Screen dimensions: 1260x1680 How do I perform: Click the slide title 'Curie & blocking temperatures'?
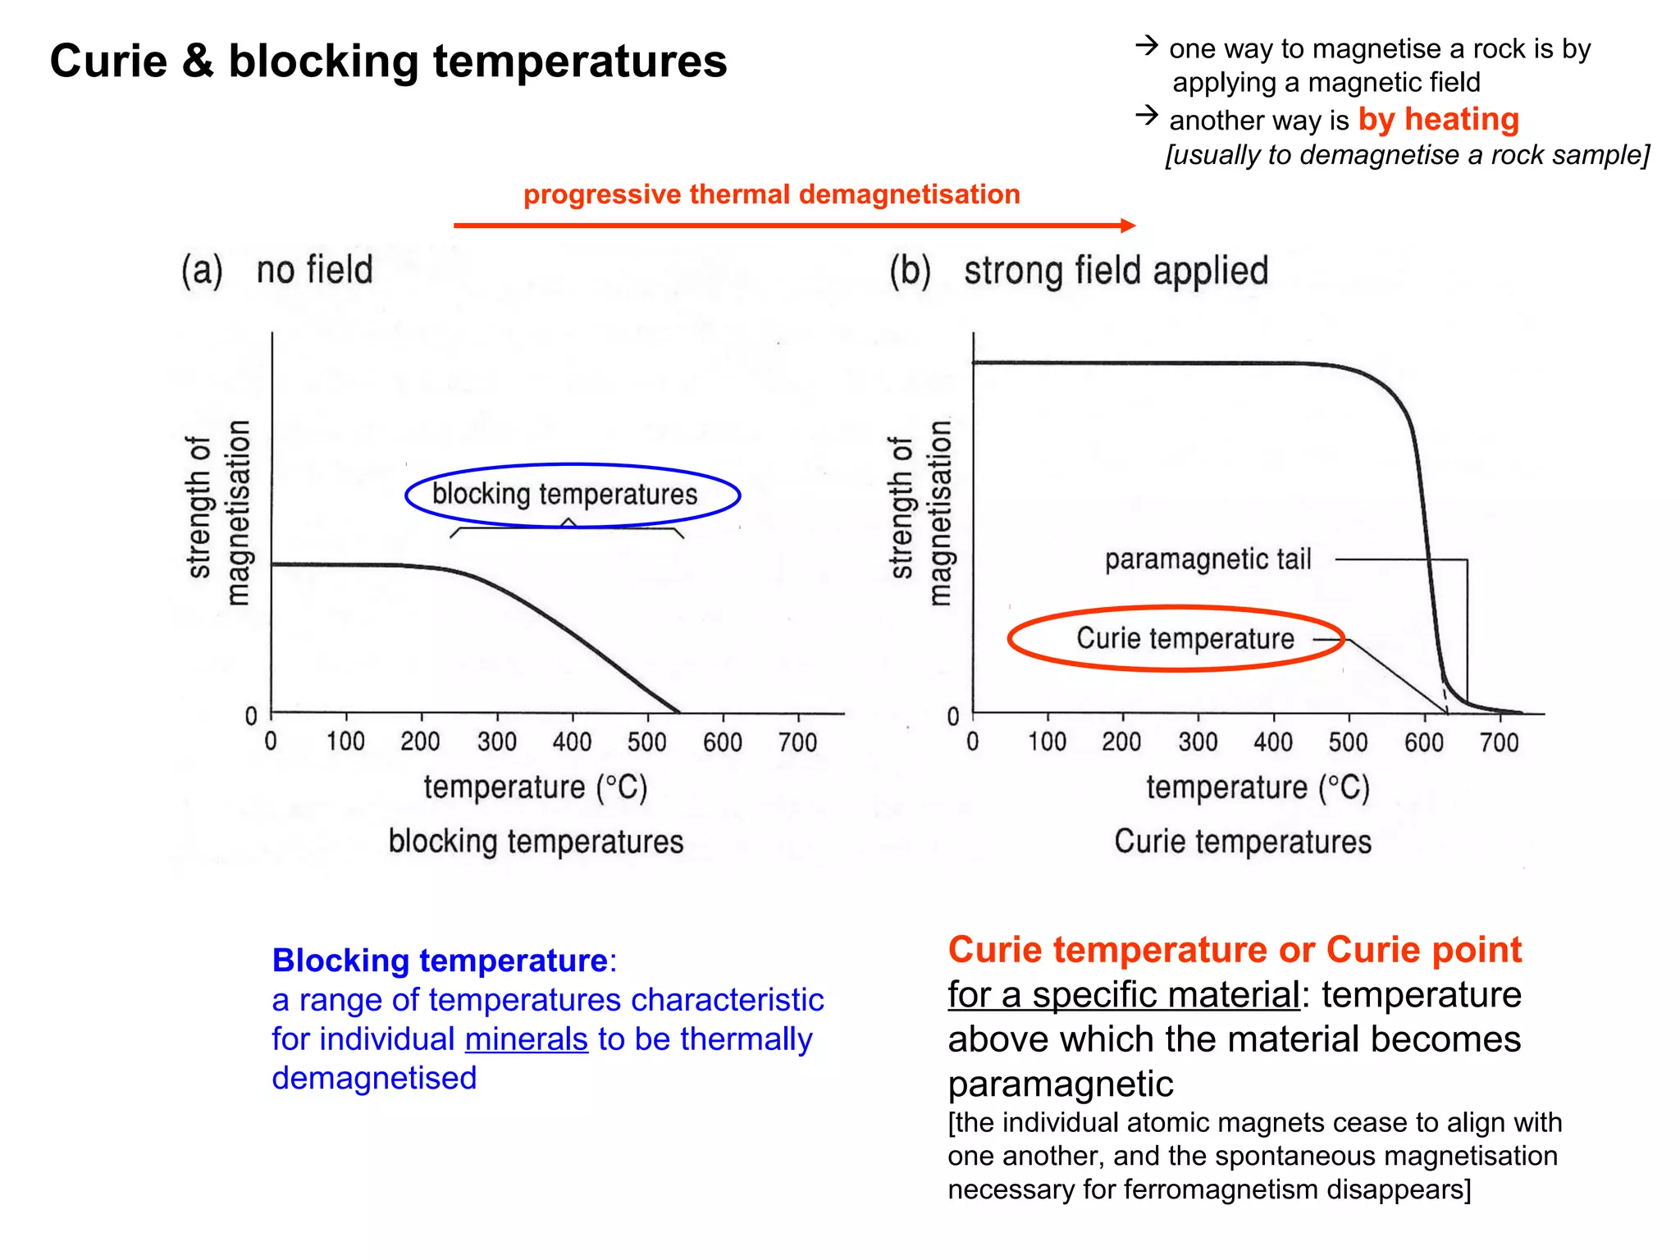tap(388, 62)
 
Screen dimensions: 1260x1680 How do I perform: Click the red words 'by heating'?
tap(1438, 120)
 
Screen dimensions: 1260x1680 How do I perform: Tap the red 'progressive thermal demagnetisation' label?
tap(771, 194)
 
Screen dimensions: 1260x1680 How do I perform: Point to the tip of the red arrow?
tap(1134, 226)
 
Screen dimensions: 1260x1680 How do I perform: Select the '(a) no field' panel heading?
tap(277, 270)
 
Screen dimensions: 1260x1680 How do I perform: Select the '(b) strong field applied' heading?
tap(1079, 271)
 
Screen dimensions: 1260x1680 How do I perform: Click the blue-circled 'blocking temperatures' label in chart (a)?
tap(564, 494)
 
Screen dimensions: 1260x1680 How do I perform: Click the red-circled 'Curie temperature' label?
tap(1185, 638)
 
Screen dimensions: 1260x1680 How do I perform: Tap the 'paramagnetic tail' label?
tap(1207, 559)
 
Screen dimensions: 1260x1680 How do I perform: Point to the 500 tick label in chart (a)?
tap(646, 742)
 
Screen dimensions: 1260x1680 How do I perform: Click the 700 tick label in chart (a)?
tap(797, 742)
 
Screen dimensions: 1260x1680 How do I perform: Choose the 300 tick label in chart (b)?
tap(1198, 742)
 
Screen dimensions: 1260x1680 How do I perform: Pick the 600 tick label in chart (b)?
tap(1423, 742)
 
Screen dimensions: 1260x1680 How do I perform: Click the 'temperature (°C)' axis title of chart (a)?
tap(536, 787)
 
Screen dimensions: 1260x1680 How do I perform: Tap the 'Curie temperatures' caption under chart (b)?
tap(1242, 842)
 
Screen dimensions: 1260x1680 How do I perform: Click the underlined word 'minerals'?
tap(526, 1039)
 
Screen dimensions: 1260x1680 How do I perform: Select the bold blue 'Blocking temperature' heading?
tap(440, 961)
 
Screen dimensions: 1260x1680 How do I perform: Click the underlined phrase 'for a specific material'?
tap(1123, 995)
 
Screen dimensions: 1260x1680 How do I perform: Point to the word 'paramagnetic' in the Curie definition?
tap(1060, 1084)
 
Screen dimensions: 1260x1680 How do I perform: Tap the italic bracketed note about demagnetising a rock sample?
tap(1407, 155)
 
